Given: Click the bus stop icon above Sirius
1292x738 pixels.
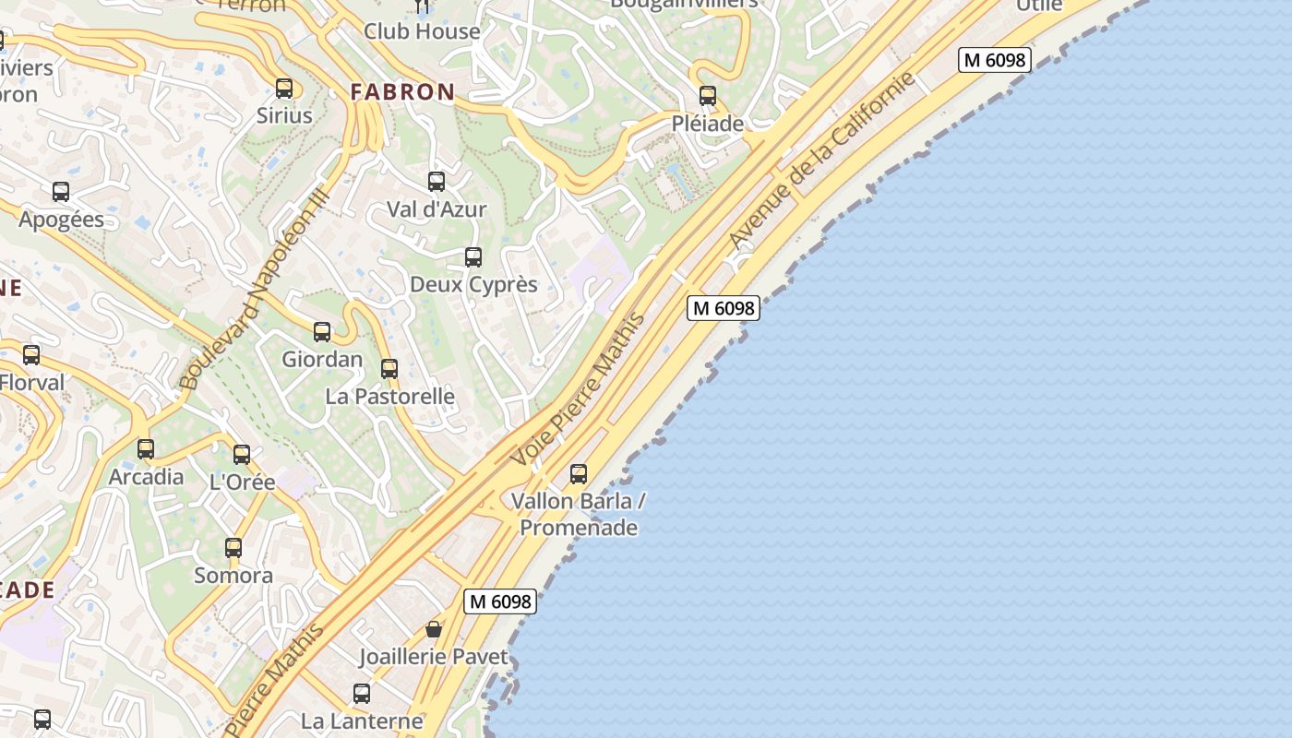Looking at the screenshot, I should pos(284,89).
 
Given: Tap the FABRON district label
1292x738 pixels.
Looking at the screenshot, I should pos(402,91).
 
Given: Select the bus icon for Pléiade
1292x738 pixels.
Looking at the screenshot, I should pos(708,96).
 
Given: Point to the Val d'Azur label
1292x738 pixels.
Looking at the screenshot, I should pos(437,209).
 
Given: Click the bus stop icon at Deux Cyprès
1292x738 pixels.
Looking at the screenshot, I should pos(473,257).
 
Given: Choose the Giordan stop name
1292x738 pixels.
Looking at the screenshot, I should pos(322,359).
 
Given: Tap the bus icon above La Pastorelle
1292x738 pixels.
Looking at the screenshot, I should pos(389,369).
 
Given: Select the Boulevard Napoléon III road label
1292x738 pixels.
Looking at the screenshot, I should pos(253,289).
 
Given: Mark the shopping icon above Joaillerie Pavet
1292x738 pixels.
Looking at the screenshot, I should pos(434,629).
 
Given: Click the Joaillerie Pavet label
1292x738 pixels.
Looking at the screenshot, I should pos(434,657).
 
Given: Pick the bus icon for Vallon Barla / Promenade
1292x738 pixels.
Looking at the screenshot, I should pos(579,474).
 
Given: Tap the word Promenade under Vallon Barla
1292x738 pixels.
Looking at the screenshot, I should pos(579,528).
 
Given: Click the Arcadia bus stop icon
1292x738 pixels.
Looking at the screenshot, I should pos(146,449).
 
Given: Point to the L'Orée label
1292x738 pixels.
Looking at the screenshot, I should pos(243,482).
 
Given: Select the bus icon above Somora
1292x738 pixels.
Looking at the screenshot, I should pos(233,548).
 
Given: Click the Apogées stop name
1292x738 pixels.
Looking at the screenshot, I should pos(61,220).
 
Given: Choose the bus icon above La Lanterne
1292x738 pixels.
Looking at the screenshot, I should pos(362,693).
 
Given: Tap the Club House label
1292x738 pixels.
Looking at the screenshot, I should pos(422,31).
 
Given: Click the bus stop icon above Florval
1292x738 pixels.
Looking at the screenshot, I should pos(31,355).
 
